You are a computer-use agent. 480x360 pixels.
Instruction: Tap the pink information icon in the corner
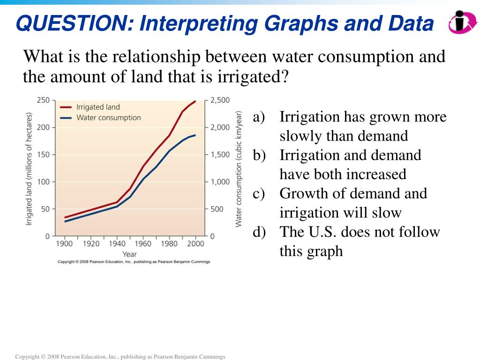[462, 22]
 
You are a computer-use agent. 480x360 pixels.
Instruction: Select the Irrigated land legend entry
[98, 107]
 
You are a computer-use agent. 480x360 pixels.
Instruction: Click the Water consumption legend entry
[108, 118]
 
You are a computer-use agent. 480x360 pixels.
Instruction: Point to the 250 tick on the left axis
[43, 100]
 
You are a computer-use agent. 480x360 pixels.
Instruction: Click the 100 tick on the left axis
[43, 182]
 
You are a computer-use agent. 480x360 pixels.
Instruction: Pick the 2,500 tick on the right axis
[220, 100]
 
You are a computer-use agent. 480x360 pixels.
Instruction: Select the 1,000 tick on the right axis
[220, 182]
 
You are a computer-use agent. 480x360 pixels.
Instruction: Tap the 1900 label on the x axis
[65, 244]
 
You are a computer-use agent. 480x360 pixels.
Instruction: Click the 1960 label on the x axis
[143, 244]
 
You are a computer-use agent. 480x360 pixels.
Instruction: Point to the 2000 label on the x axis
[196, 244]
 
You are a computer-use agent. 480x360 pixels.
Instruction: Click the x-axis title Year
[130, 254]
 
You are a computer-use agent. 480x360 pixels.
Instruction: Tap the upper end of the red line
[195, 101]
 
